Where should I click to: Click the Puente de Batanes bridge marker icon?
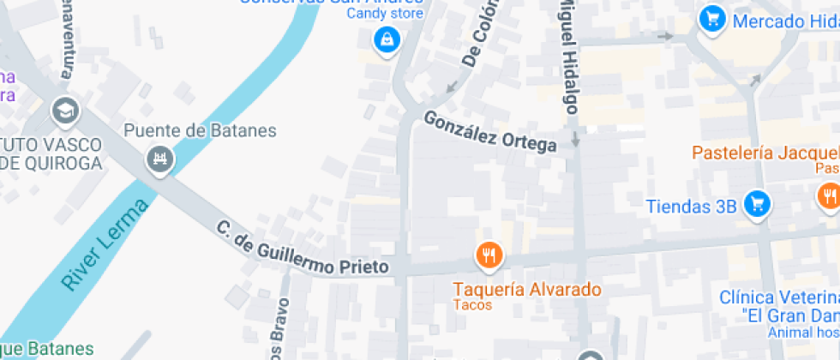159,159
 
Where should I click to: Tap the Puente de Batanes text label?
201,131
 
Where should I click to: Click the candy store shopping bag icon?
387,39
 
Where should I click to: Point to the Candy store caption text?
384,13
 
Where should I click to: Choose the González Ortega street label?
490,131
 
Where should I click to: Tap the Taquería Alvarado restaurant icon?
489,255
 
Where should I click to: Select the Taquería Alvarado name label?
527,289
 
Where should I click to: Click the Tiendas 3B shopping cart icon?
757,203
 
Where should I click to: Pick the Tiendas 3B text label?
691,207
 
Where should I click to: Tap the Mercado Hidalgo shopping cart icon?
711,18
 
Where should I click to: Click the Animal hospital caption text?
802,332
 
